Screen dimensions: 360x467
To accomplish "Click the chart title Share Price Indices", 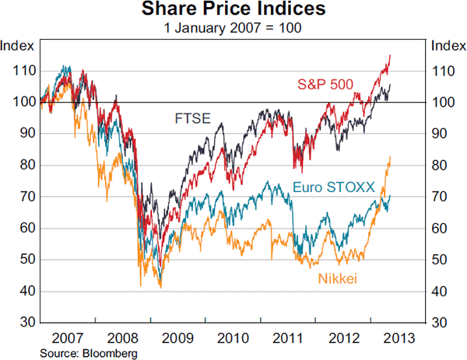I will (233, 10).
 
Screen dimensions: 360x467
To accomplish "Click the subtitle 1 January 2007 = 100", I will (233, 27).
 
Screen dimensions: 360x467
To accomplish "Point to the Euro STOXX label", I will (334, 187).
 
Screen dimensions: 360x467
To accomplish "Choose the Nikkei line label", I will (336, 278).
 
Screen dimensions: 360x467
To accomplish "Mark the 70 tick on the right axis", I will (440, 197).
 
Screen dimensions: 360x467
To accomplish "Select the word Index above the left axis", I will (17, 44).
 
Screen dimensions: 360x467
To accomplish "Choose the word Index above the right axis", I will (448, 44).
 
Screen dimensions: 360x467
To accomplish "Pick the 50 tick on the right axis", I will (440, 260).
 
